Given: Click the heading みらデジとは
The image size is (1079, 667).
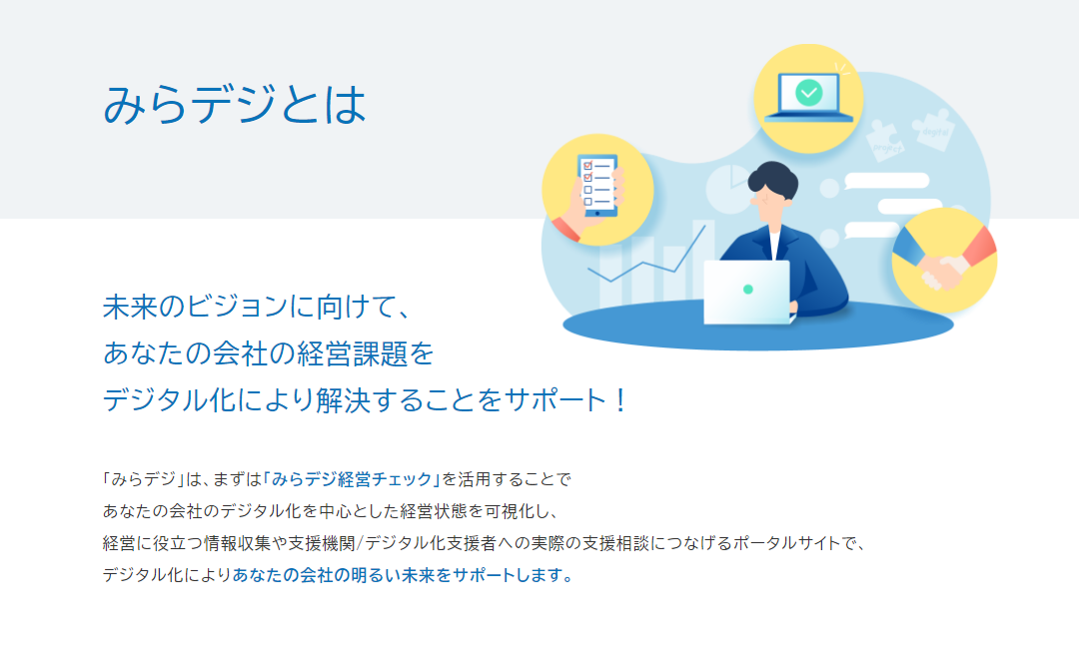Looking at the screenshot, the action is click(235, 105).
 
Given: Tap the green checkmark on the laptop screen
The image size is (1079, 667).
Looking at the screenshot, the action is click(808, 92).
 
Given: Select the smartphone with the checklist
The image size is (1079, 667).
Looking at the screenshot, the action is click(596, 186).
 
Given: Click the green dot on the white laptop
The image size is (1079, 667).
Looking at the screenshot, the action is click(748, 290).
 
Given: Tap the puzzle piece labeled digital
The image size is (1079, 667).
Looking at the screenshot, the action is click(933, 129).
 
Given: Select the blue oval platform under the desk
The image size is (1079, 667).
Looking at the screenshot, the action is click(757, 326).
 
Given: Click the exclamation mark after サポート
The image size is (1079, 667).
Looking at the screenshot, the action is click(620, 400).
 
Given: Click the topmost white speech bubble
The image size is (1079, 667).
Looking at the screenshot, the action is click(887, 181).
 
